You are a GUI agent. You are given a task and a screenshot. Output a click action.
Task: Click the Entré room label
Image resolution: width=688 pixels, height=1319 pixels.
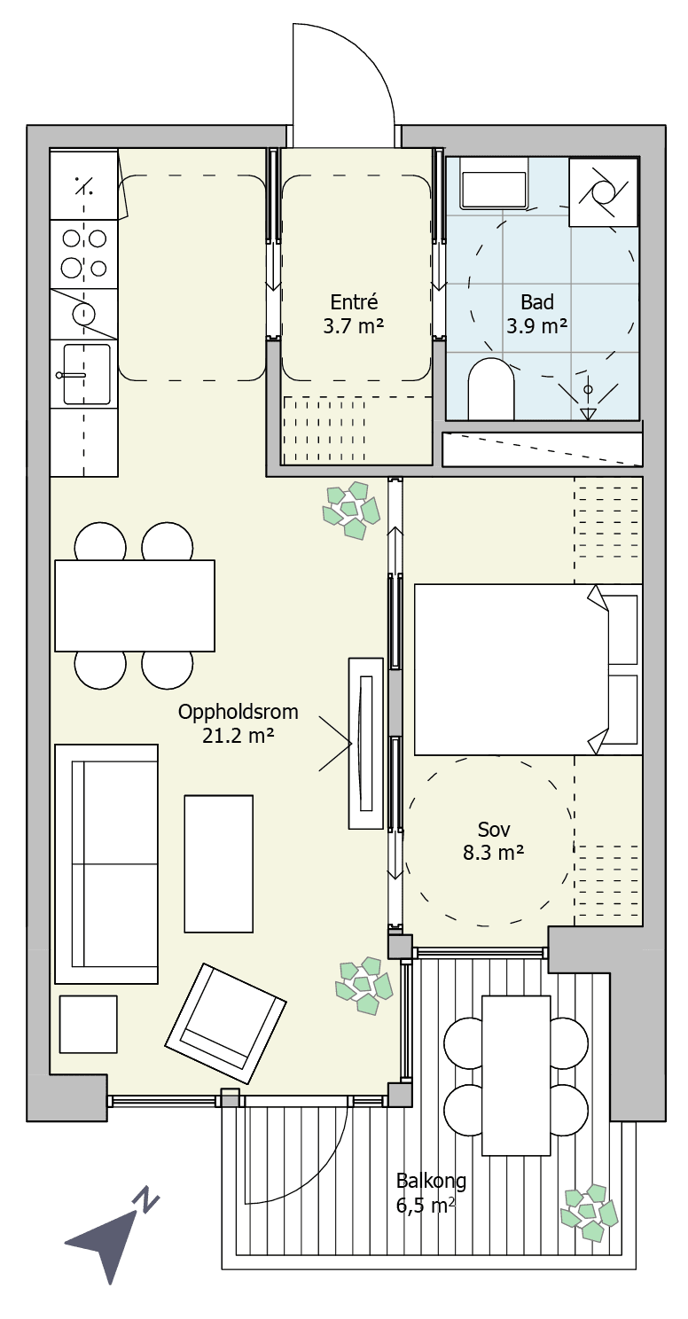pyautogui.click(x=354, y=313)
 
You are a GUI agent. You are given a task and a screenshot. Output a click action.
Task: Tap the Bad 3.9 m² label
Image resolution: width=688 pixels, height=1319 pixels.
pyautogui.click(x=536, y=313)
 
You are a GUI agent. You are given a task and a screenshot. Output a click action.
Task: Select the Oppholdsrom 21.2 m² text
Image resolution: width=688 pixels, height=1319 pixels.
pyautogui.click(x=238, y=723)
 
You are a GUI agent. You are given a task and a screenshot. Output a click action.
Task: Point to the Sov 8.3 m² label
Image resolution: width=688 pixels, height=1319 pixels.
pyautogui.click(x=494, y=841)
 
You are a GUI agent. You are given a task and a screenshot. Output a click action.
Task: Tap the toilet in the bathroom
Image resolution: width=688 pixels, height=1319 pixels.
pyautogui.click(x=491, y=388)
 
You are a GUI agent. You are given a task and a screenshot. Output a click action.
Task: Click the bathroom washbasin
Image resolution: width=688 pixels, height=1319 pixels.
pyautogui.click(x=494, y=190)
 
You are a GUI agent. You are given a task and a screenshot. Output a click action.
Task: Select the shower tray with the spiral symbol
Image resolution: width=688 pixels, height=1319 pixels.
pyautogui.click(x=604, y=192)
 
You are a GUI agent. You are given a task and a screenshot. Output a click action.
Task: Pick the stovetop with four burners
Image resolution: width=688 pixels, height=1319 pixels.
pyautogui.click(x=84, y=254)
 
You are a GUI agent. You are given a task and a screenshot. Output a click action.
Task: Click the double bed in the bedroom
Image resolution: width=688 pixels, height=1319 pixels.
pyautogui.click(x=528, y=669)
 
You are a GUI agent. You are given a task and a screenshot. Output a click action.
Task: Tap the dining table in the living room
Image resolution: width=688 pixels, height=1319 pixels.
pyautogui.click(x=135, y=605)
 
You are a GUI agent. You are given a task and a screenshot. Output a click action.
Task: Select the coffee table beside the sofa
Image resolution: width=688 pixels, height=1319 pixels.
pyautogui.click(x=218, y=864)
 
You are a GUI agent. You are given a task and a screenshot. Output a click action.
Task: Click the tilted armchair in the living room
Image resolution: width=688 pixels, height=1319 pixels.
pyautogui.click(x=225, y=1024)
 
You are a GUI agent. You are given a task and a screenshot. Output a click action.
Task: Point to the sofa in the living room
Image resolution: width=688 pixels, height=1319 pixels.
pyautogui.click(x=106, y=864)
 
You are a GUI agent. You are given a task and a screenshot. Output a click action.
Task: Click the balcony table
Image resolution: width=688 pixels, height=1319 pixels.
pyautogui.click(x=516, y=1075)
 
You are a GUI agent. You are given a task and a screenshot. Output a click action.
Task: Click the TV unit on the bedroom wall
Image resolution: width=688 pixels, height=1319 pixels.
pyautogui.click(x=366, y=744)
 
